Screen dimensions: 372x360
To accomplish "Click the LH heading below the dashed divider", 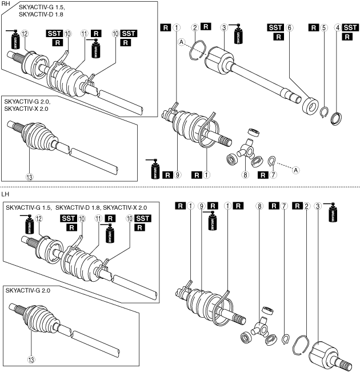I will [5, 194].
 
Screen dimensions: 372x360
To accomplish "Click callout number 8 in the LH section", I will [260, 205].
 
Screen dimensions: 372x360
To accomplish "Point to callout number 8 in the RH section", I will [246, 175].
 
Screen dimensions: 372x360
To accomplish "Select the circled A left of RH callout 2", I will [181, 42].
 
